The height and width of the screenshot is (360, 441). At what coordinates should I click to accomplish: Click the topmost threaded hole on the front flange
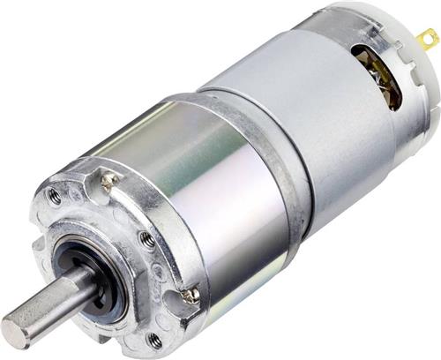[x=55, y=197]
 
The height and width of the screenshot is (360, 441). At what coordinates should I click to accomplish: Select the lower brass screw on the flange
[x=190, y=296]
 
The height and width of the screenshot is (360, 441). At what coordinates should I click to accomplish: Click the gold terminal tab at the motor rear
[x=428, y=39]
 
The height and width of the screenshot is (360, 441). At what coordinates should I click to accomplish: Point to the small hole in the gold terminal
[x=430, y=38]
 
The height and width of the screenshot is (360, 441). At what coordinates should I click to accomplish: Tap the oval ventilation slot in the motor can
[x=377, y=76]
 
